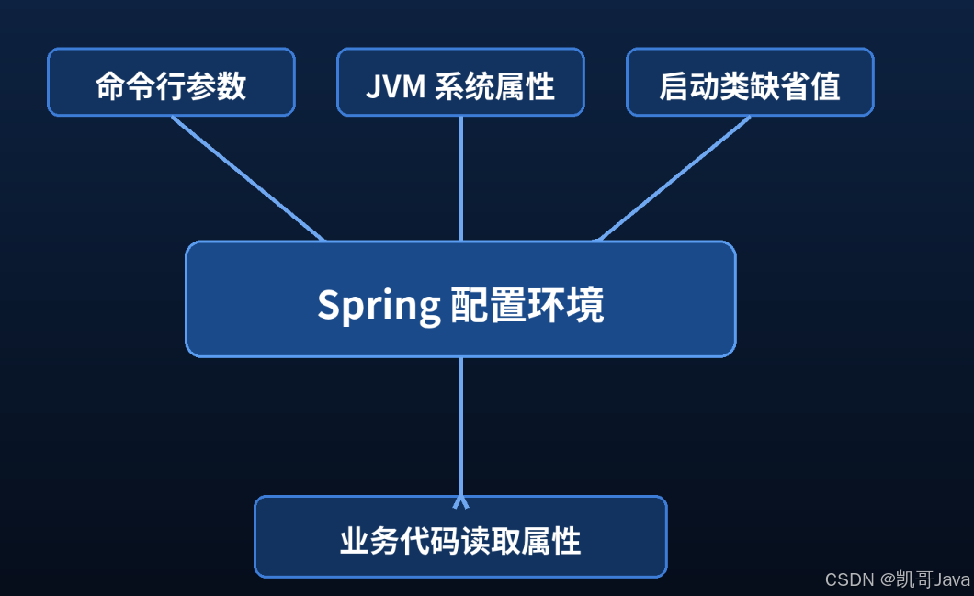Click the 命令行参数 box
click(x=171, y=82)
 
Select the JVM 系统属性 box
click(x=460, y=82)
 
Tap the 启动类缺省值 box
click(x=750, y=82)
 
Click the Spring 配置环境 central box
click(x=460, y=298)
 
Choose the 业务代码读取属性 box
click(x=460, y=536)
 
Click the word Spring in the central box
click(x=379, y=306)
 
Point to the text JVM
click(x=395, y=86)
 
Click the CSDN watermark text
click(x=849, y=579)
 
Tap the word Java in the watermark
click(x=952, y=579)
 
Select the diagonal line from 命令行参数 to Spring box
click(x=247, y=178)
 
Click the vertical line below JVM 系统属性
click(x=460, y=178)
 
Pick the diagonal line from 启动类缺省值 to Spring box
click(x=674, y=178)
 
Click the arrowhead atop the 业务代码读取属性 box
click(x=460, y=501)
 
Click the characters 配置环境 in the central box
click(x=527, y=305)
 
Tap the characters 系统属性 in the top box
click(x=494, y=86)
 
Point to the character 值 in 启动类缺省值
click(x=825, y=86)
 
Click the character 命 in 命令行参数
click(x=110, y=85)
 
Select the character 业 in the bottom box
click(x=354, y=541)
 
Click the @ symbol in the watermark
click(x=888, y=579)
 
